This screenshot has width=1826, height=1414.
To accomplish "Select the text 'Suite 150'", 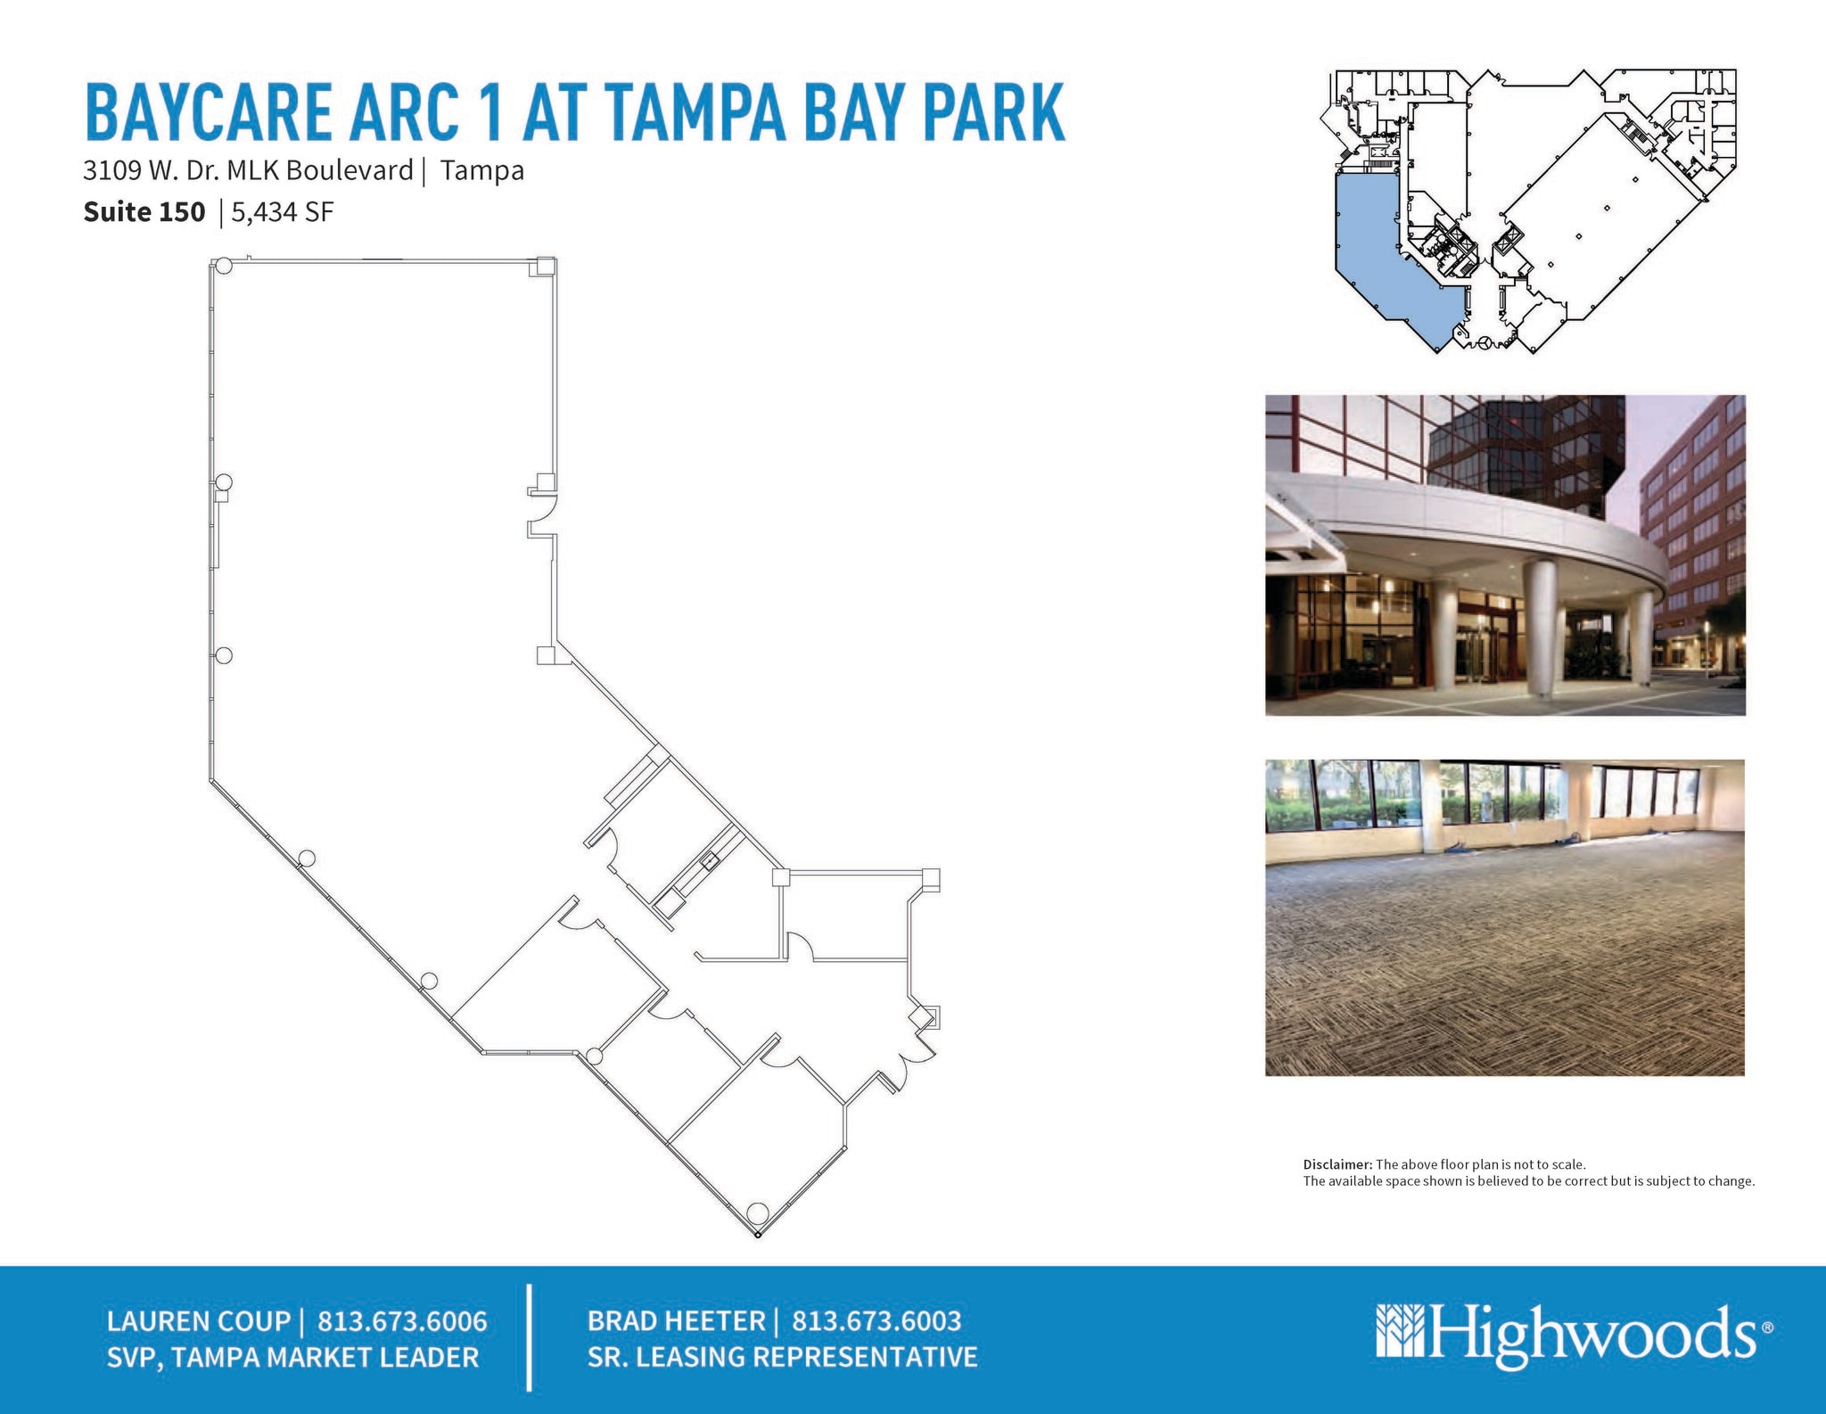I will coord(144,212).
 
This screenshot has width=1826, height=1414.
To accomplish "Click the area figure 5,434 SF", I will coord(283,212).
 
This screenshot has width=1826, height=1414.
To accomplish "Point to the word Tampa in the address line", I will coord(481,170).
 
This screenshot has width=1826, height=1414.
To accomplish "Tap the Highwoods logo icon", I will coord(1401,1330).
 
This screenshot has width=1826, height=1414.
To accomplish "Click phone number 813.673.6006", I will coord(402,1320).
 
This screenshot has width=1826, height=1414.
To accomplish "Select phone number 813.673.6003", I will coord(876,1320).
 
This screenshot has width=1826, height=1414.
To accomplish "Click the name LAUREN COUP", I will coord(198,1320).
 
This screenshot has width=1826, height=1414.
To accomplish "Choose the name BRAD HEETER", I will coord(676,1320).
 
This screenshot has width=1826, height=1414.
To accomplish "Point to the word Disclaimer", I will coord(1337,1164).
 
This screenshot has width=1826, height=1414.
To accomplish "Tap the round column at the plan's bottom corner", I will coord(757,1213).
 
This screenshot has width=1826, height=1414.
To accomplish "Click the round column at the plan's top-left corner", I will coord(223,266).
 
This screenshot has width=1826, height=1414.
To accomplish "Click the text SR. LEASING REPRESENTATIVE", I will coord(782,1357).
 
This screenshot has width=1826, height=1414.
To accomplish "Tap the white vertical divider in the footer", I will coord(531,1337).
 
